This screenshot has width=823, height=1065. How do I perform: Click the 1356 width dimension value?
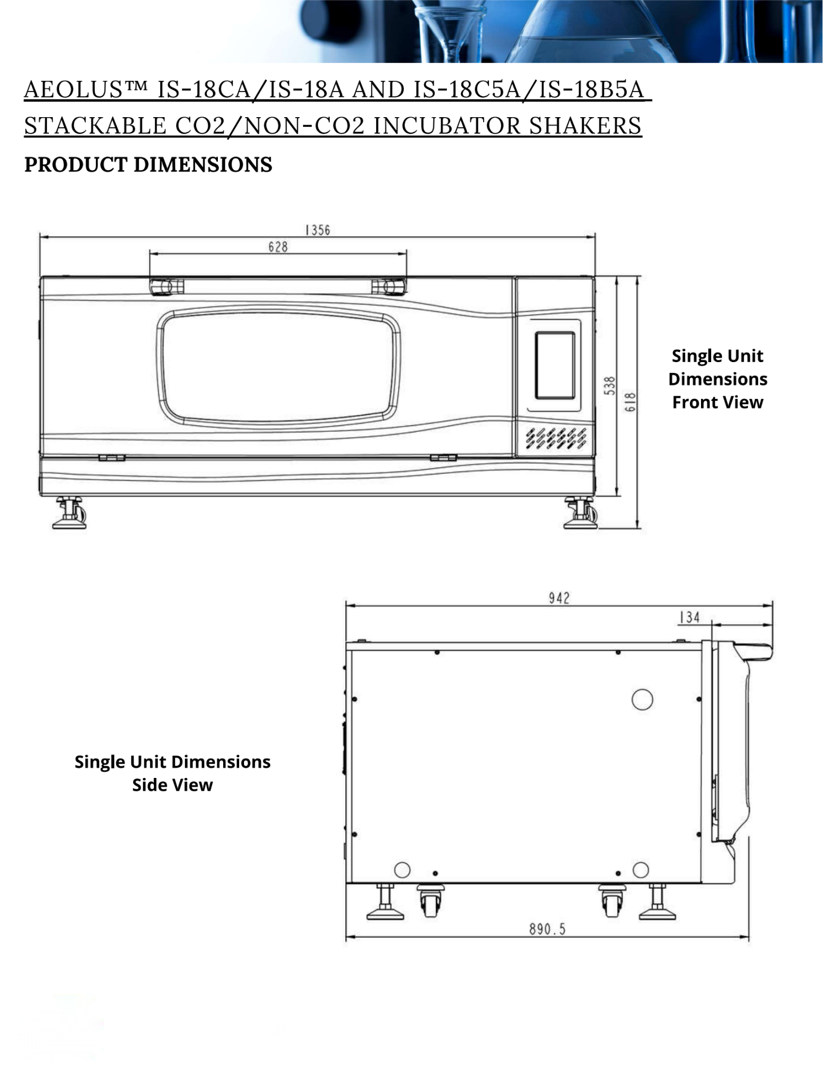(x=317, y=230)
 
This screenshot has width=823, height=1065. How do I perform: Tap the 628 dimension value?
(x=278, y=247)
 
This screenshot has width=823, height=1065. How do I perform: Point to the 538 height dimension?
(x=610, y=386)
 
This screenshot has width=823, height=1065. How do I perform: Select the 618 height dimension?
(x=630, y=402)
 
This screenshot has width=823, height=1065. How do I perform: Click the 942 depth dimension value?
(x=559, y=598)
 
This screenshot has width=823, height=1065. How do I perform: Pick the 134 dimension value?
(x=689, y=617)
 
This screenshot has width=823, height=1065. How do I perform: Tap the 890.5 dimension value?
(x=547, y=929)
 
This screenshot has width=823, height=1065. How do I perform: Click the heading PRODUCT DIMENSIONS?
(x=148, y=165)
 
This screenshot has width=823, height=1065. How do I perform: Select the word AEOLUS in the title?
(x=74, y=89)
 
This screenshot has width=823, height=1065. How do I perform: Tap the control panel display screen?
(x=555, y=365)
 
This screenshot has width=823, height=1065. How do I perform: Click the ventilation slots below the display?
(x=556, y=438)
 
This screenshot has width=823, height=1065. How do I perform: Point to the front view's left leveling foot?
(x=69, y=512)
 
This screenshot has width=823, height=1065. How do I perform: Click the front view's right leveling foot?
(x=581, y=513)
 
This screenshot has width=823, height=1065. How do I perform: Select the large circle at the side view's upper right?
(x=642, y=699)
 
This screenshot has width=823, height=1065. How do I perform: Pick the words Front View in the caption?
(x=718, y=402)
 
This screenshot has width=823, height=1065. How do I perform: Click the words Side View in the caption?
(x=173, y=785)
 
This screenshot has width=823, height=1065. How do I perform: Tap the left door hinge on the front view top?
(x=166, y=286)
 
